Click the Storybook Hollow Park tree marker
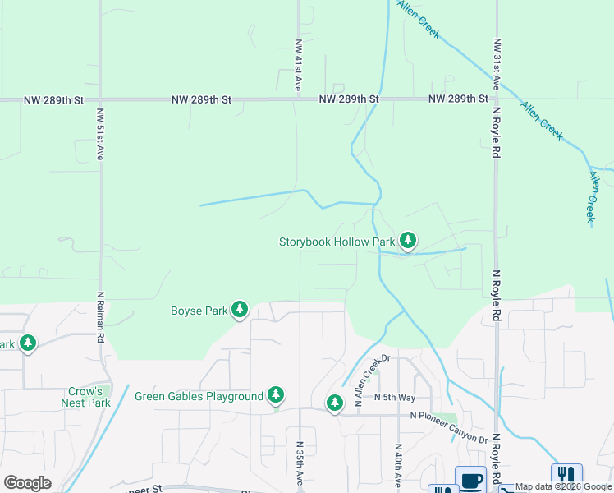[x=408, y=242]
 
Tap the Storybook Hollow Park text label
[x=337, y=242]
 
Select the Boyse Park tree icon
[x=240, y=310]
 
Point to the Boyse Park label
[x=198, y=311]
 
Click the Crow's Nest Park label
[x=85, y=397]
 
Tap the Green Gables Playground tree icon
[x=277, y=396]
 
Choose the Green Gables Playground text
[x=199, y=396]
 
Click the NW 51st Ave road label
[x=100, y=134]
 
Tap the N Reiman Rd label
[x=100, y=317]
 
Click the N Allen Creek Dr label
[x=371, y=381]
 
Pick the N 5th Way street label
[x=391, y=397]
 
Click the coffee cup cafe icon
[x=471, y=480]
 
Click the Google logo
[x=27, y=483]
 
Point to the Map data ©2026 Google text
[x=564, y=487]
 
